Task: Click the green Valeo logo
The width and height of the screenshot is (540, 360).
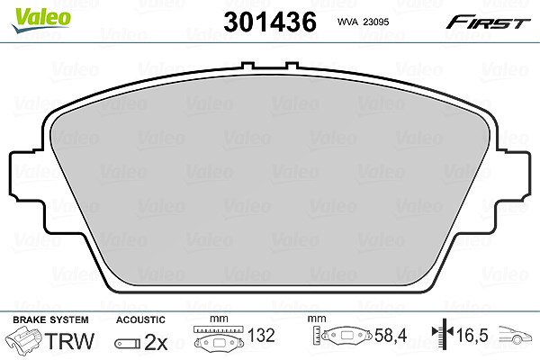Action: pyautogui.click(x=40, y=20)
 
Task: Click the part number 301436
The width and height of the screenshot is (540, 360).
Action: pyautogui.click(x=270, y=22)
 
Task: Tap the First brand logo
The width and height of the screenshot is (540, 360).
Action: pyautogui.click(x=488, y=22)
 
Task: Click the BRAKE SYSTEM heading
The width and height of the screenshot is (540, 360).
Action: pyautogui.click(x=50, y=319)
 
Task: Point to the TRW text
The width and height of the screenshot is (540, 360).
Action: pyautogui.click(x=69, y=341)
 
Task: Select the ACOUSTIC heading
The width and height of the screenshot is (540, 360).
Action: pyautogui.click(x=140, y=319)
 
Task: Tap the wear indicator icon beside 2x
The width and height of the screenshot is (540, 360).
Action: pyautogui.click(x=128, y=344)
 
